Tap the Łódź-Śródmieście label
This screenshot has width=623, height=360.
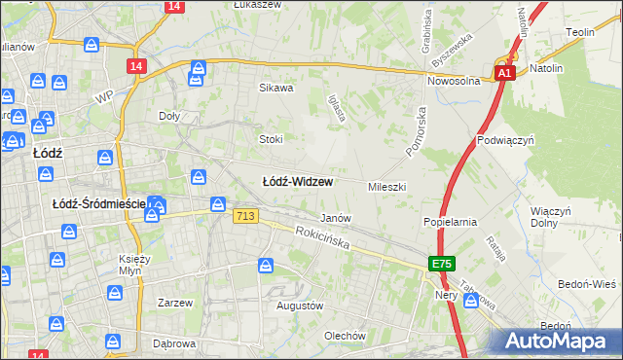tap(97, 203)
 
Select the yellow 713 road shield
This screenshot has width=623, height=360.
tap(245, 217)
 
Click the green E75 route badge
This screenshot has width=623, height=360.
tap(442, 264)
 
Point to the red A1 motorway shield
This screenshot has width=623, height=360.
tap(503, 73)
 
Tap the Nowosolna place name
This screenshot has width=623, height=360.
tap(456, 82)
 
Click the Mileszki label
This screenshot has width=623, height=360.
tap(386, 186)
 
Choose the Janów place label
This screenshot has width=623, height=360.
tap(335, 218)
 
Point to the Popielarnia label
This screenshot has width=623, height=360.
tap(450, 222)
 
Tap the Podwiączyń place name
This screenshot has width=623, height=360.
tap(506, 140)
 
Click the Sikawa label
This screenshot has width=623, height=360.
tap(275, 88)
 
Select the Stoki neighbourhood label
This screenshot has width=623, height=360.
tap(270, 138)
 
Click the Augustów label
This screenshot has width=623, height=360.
tap(299, 306)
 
